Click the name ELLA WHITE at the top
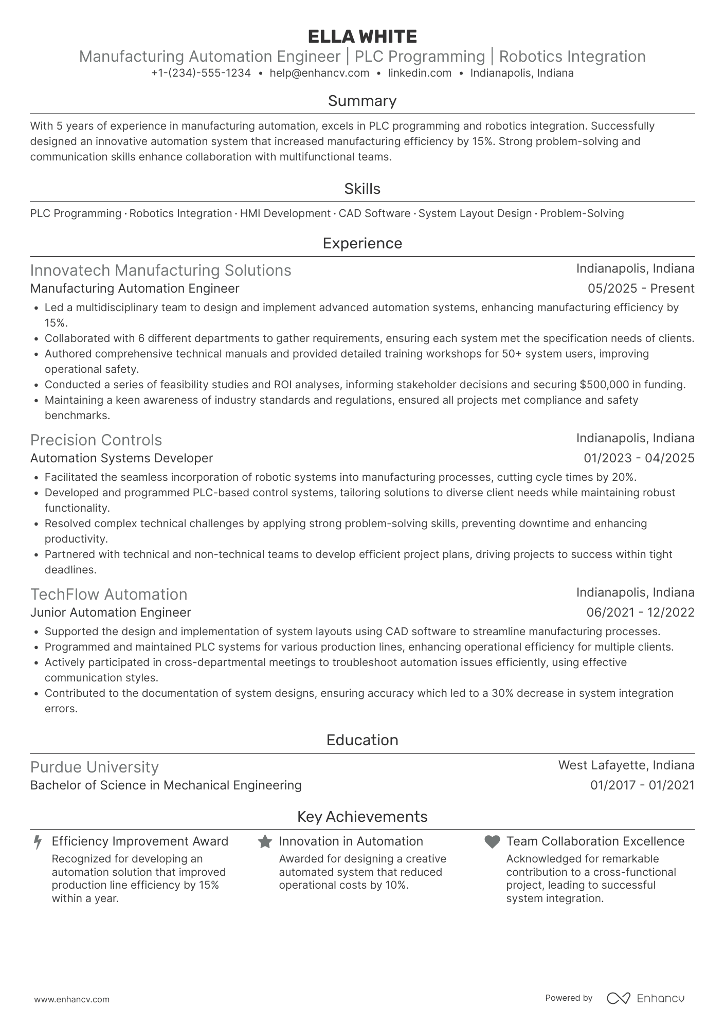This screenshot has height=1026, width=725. (362, 37)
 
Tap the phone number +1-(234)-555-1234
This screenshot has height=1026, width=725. (201, 73)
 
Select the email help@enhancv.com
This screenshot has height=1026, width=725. (319, 73)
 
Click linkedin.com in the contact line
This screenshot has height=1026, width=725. (420, 73)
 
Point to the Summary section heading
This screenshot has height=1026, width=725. (362, 101)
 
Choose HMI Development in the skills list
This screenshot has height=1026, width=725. (285, 213)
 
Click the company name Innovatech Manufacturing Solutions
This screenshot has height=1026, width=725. (160, 271)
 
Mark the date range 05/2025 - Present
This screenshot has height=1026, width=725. (641, 289)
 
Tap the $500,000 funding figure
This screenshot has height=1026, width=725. (604, 385)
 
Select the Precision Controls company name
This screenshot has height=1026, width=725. (96, 440)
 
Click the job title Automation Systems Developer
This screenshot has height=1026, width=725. (121, 458)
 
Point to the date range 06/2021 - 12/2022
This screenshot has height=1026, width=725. (640, 613)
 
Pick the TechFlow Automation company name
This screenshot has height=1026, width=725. (109, 595)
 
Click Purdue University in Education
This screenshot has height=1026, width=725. (95, 767)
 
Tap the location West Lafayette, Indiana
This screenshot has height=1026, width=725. (626, 765)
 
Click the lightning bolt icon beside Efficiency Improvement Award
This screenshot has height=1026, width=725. (38, 842)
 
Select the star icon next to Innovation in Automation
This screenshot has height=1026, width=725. (265, 842)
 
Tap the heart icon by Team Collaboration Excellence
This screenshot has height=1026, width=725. (492, 842)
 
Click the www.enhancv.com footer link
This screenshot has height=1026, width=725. (72, 1000)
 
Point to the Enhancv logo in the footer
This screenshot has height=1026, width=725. (645, 998)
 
